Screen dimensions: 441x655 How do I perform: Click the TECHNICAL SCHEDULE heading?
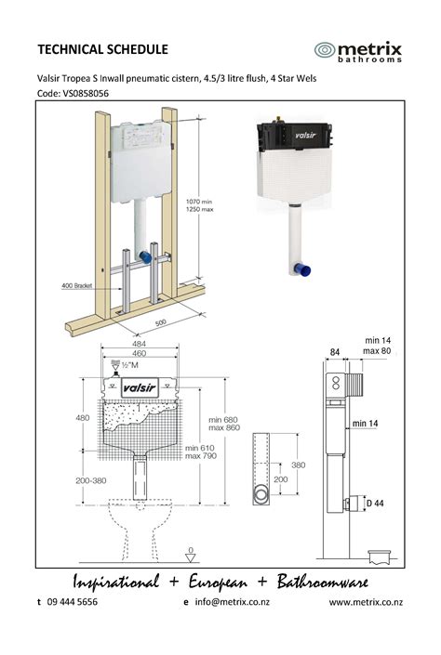[102, 49]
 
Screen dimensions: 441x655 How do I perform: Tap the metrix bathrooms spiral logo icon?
[325, 50]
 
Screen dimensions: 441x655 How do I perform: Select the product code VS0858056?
[86, 93]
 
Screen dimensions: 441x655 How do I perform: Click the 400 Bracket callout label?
[76, 286]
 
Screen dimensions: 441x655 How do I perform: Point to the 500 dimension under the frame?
[160, 323]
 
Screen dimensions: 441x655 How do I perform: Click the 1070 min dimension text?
[199, 202]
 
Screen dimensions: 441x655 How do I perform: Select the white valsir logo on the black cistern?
[305, 136]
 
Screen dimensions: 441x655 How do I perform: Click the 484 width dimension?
[139, 344]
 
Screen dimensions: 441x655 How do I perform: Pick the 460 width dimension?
[139, 353]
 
